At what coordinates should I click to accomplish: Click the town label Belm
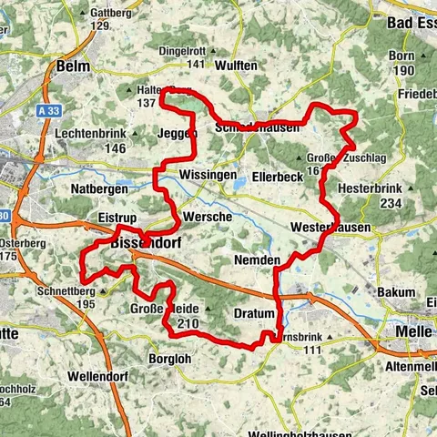(x=73, y=66)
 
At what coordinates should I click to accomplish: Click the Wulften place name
(x=239, y=66)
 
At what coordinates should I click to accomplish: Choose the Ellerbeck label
(x=276, y=174)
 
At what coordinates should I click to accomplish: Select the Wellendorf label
(x=101, y=375)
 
